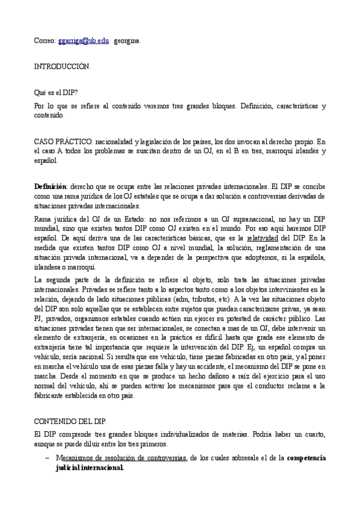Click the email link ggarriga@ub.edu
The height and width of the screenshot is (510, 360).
(x=84, y=41)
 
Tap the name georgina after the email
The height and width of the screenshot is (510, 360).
(x=127, y=41)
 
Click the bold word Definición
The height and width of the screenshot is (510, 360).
(x=50, y=186)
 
